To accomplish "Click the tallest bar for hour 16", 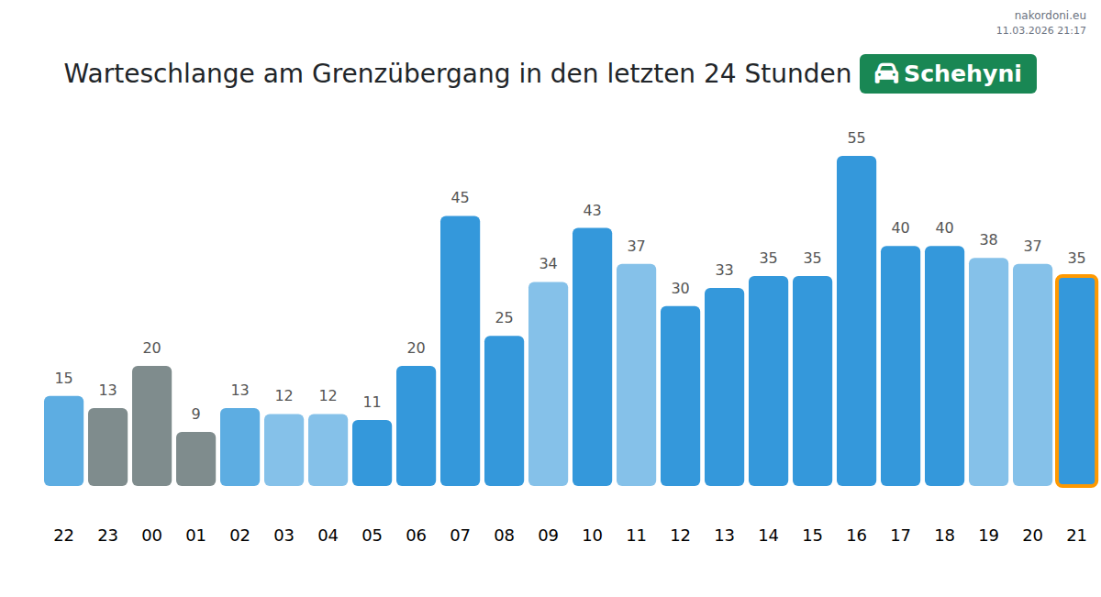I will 856,321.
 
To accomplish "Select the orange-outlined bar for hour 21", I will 1076,381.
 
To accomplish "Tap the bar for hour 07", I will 460,350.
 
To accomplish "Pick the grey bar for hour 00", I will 151,426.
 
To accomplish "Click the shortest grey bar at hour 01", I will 195,459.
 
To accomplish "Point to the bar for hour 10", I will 592,357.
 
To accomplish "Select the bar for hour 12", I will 680,395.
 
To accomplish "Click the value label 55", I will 856,138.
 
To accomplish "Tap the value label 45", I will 460,198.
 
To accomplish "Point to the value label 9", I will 195,415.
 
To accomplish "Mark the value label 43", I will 592,211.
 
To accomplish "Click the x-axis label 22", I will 63,536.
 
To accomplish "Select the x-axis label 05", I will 372,536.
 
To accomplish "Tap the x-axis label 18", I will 944,536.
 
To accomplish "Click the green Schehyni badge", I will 948,74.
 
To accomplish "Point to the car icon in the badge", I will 886,74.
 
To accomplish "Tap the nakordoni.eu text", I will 1050,16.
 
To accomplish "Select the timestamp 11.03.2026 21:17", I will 1040,30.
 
